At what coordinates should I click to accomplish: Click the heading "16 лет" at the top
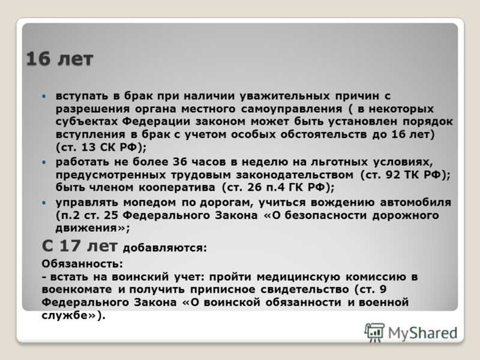tap(59, 59)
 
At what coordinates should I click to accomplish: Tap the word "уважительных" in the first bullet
tap(284, 96)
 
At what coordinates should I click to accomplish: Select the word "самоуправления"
tap(292, 109)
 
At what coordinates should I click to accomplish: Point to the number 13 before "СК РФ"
tap(89, 147)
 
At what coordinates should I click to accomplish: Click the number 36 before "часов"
tap(179, 161)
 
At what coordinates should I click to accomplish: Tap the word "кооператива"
tap(177, 187)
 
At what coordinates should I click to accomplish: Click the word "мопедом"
tap(149, 202)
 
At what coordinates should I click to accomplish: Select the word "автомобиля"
tap(416, 202)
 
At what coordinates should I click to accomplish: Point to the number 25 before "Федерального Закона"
tap(111, 215)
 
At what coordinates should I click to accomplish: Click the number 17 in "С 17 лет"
tap(70, 245)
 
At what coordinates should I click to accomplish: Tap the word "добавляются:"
tap(165, 248)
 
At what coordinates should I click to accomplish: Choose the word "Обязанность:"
tap(82, 263)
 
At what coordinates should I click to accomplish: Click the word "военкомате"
tap(77, 289)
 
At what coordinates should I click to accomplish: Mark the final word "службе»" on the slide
tap(69, 316)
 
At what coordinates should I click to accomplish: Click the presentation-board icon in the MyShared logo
tap(374, 332)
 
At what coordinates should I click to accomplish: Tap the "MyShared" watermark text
tap(423, 333)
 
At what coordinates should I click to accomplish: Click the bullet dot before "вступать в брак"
tap(44, 96)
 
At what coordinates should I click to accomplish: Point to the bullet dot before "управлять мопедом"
tap(44, 203)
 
